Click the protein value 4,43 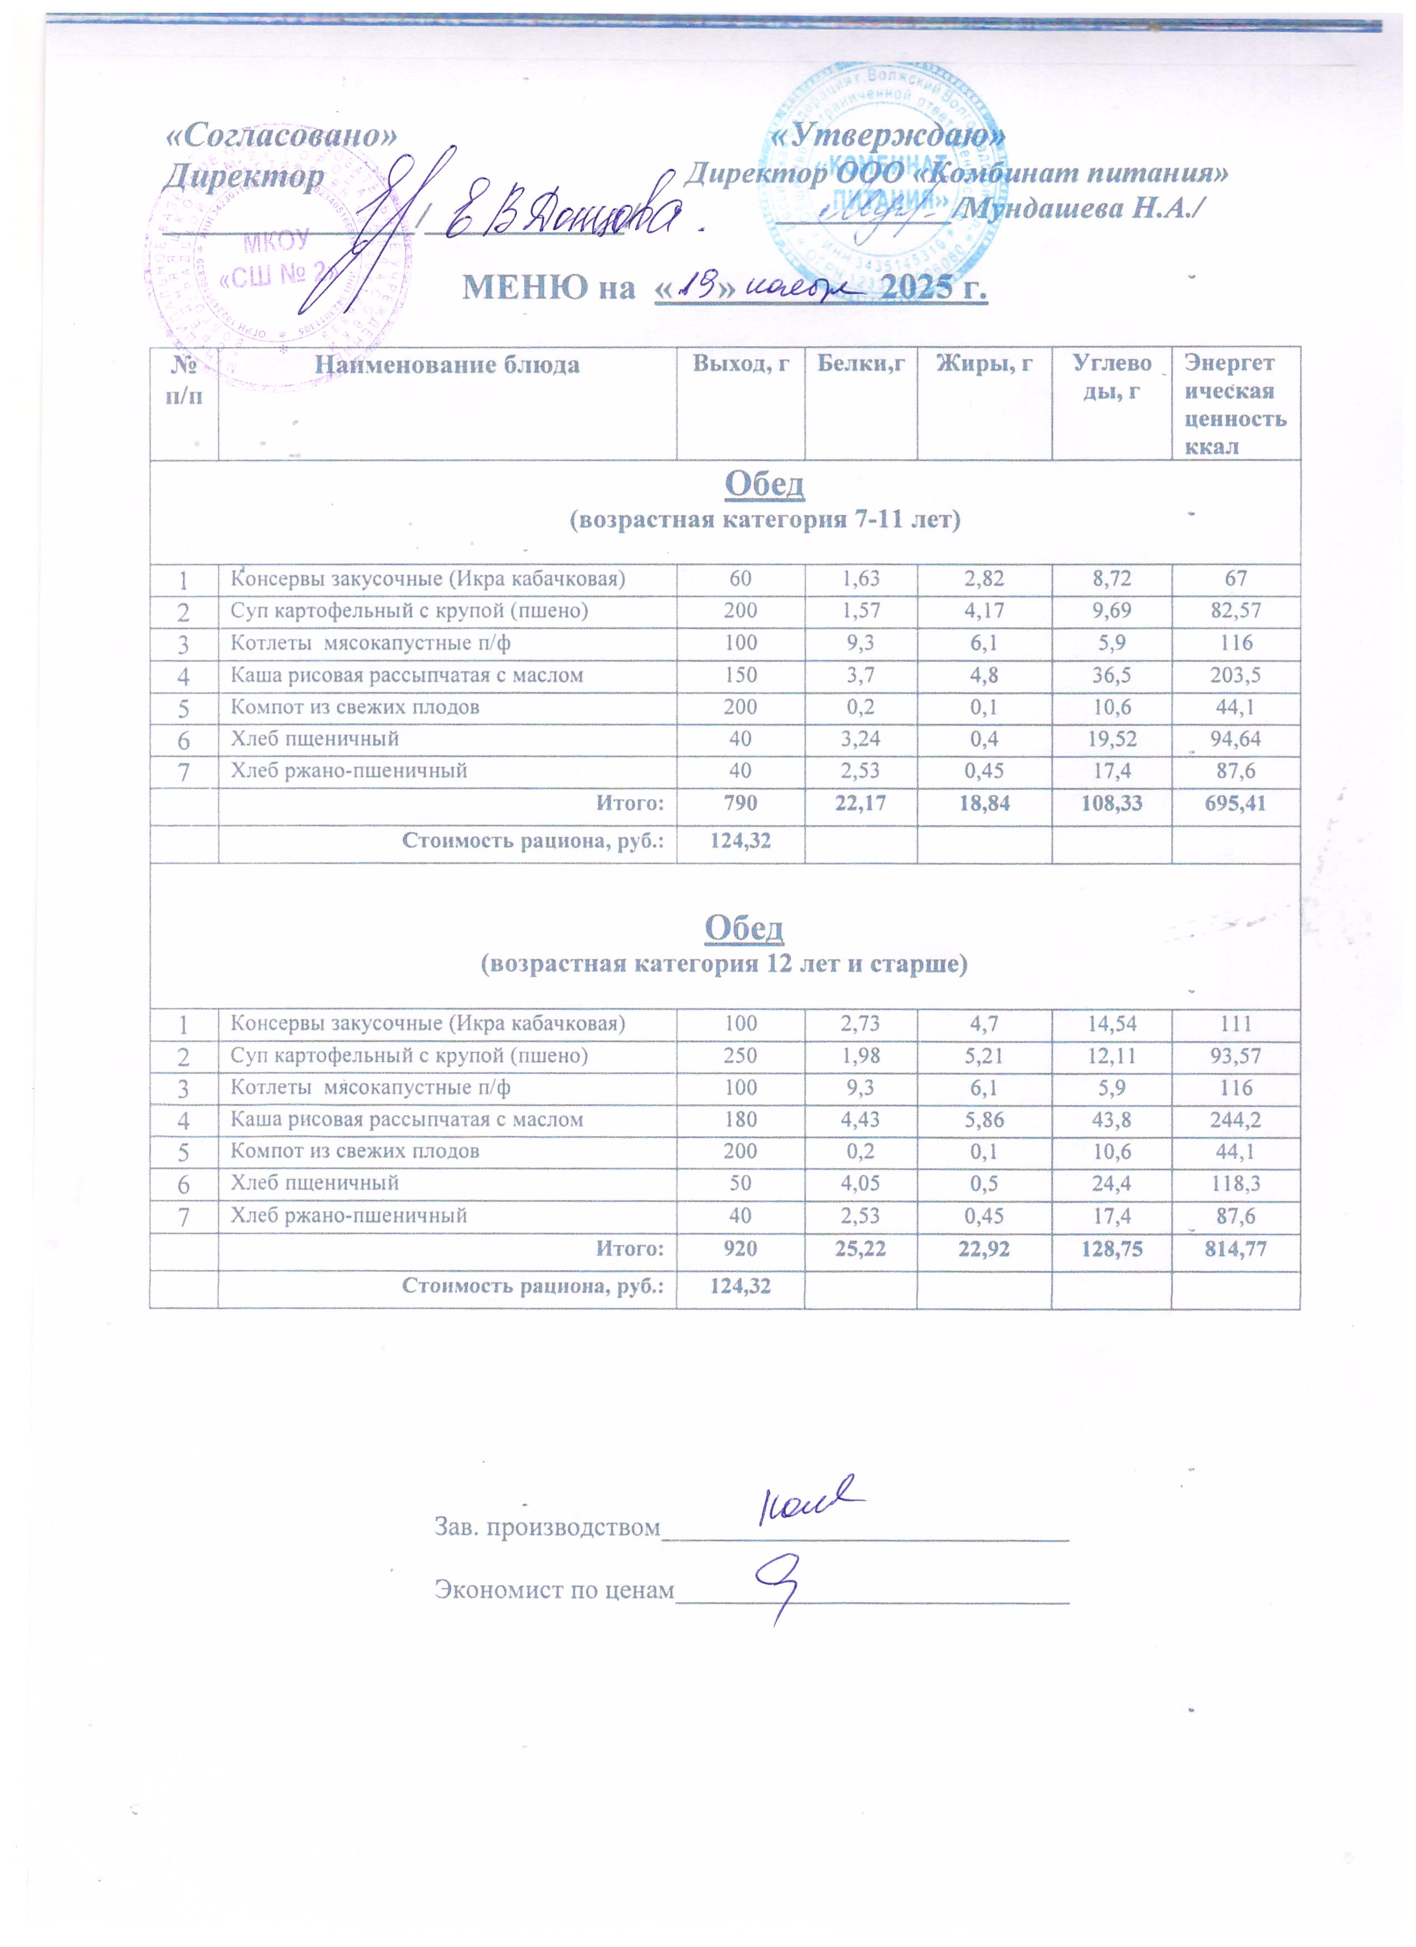861,1119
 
